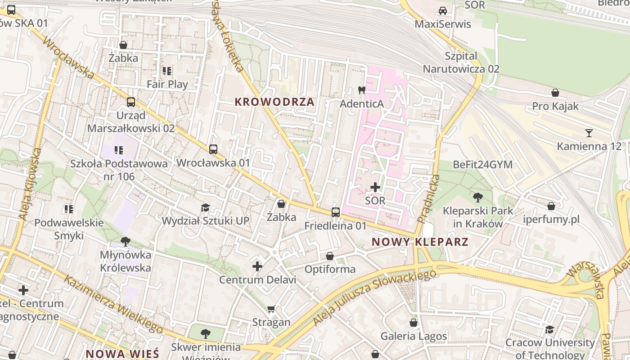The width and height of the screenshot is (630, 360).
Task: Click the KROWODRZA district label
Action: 274,102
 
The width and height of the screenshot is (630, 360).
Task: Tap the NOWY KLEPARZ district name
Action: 420,242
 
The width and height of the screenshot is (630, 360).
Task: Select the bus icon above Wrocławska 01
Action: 213,149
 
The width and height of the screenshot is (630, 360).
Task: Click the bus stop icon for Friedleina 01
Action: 335,212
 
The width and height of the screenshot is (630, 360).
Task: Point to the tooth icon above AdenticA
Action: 361,90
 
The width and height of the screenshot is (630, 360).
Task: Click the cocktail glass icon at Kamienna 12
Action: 589,133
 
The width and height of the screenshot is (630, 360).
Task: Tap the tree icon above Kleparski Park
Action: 477,197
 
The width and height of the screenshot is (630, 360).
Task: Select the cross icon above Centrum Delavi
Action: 257,266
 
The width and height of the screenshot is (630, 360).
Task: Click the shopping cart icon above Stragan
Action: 271,309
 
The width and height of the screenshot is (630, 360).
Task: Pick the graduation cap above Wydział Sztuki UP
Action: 206,207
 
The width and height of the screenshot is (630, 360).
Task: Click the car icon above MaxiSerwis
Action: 443,11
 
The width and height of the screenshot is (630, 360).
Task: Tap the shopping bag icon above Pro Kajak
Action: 555,93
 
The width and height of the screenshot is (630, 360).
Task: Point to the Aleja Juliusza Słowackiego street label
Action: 374,297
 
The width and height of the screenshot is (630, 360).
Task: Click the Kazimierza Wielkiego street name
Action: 112,304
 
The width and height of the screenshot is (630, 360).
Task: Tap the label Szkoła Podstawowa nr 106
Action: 119,170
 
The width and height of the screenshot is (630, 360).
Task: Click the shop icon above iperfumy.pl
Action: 551,207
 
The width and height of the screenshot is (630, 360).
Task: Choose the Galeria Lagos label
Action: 414,336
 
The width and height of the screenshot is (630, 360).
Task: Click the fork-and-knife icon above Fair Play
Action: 167,71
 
